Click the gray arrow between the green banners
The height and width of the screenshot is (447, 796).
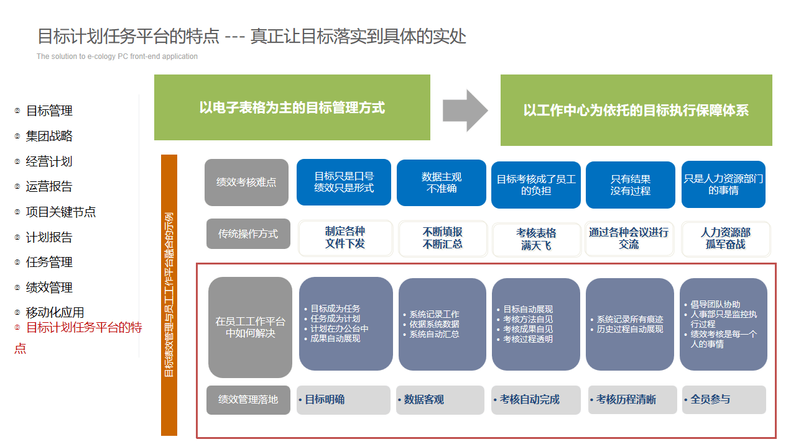[x=465, y=111]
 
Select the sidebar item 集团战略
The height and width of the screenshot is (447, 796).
[x=49, y=136]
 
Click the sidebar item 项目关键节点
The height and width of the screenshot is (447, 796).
[x=61, y=212]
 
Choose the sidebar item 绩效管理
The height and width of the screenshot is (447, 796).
[x=49, y=287]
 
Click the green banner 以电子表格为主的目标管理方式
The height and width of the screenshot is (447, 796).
[x=292, y=107]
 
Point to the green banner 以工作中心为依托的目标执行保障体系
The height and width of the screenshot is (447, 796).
[x=636, y=111]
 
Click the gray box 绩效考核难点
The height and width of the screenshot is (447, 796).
[x=246, y=183]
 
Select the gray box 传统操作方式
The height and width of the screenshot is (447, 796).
[x=248, y=234]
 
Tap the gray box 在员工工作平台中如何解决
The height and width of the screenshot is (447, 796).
[x=250, y=327]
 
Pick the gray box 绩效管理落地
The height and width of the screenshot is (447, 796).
[x=248, y=399]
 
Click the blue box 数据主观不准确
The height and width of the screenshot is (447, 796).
[x=441, y=183]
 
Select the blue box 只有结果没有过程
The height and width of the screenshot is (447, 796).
[x=630, y=185]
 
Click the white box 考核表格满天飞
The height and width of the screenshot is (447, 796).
[x=536, y=239]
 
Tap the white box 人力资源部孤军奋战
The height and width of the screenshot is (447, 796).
[x=725, y=238]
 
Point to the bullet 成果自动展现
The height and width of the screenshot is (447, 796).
[x=335, y=338]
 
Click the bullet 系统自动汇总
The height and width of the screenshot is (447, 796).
[x=434, y=334]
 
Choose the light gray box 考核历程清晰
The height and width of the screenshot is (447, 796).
[x=632, y=399]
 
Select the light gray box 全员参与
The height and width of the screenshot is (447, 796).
[x=723, y=399]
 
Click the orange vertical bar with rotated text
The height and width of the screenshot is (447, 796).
[x=169, y=295]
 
